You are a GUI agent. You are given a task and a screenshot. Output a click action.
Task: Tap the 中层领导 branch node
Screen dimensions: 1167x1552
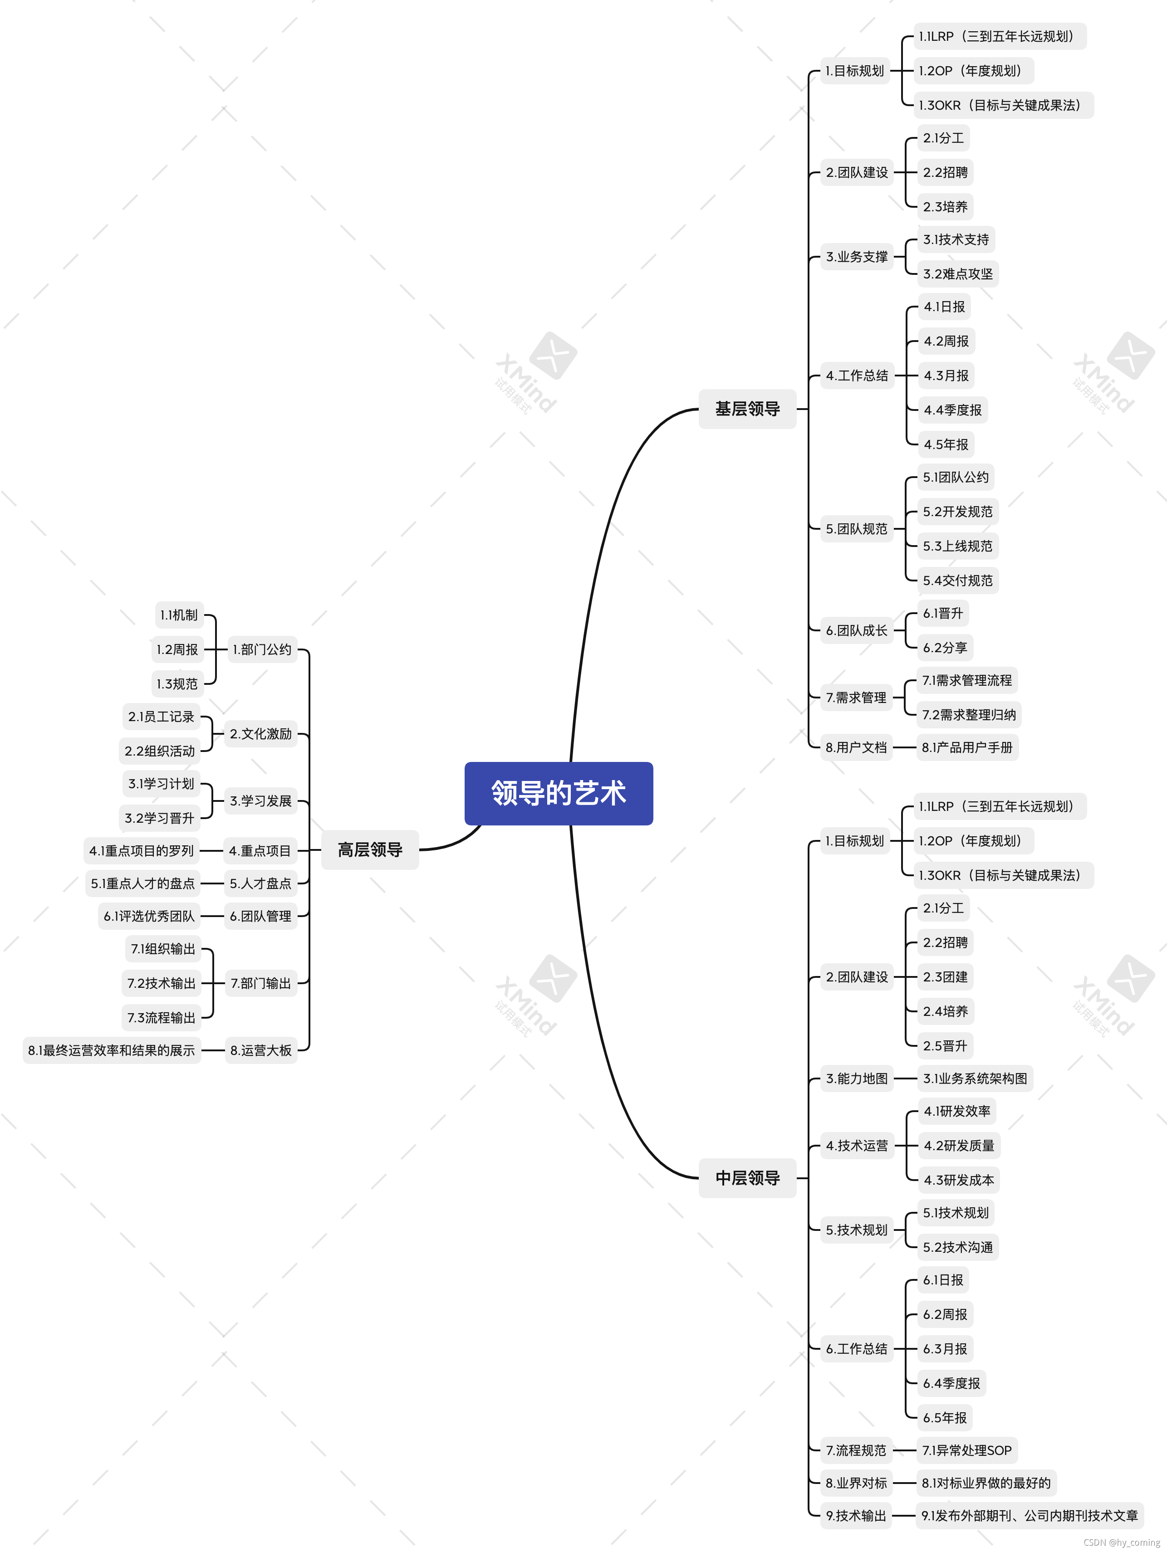[x=747, y=1177]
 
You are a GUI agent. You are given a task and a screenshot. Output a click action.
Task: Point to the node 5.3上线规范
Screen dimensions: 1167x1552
[x=957, y=546]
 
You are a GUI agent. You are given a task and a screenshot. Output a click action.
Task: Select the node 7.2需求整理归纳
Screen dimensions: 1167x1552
[x=968, y=714]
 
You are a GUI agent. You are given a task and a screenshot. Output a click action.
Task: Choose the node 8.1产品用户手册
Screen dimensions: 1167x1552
[x=967, y=747]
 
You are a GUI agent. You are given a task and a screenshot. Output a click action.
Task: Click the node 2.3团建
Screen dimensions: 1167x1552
[x=945, y=976]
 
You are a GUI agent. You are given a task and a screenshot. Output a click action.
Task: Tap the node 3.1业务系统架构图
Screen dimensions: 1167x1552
[x=975, y=1079]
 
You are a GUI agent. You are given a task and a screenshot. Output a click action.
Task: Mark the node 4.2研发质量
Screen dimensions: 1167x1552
[x=959, y=1146]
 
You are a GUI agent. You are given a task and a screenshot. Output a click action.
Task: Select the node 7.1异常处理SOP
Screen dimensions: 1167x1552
[x=966, y=1450]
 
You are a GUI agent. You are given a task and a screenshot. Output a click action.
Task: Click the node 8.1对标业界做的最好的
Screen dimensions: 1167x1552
[x=986, y=1483]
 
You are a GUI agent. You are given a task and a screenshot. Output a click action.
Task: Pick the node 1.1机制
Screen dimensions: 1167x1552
[x=179, y=615]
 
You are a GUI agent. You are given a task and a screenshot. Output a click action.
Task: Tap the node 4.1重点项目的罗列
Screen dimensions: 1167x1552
[x=141, y=850]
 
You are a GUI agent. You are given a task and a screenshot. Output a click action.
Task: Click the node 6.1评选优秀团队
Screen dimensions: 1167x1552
[x=149, y=916]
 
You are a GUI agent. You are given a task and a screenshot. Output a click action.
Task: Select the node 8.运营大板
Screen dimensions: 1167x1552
[x=260, y=1050]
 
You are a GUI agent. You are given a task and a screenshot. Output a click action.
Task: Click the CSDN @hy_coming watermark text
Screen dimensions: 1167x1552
[x=1121, y=1542]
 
